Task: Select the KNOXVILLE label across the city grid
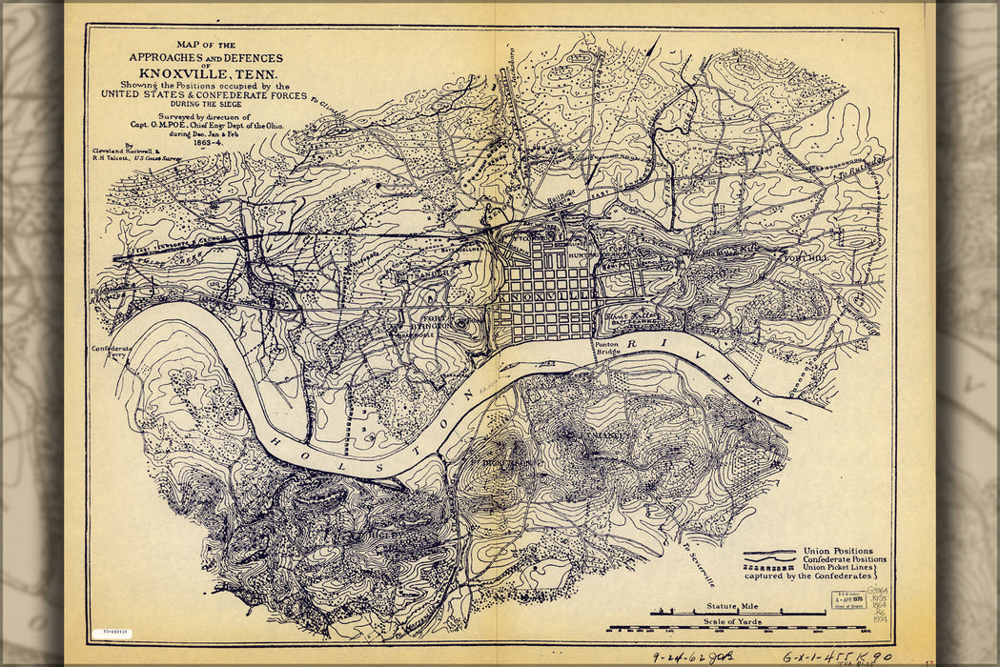[x=543, y=298]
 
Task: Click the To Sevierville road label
[x=698, y=562]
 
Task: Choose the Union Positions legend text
[x=837, y=551]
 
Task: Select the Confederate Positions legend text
[x=845, y=559]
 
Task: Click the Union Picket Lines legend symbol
[x=768, y=568]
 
